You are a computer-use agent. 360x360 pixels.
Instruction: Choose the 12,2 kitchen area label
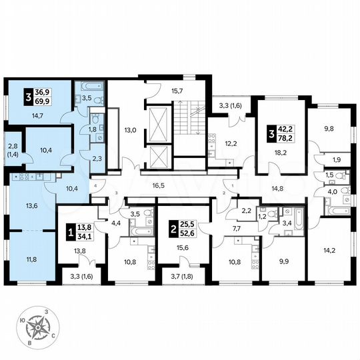click(x=229, y=144)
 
